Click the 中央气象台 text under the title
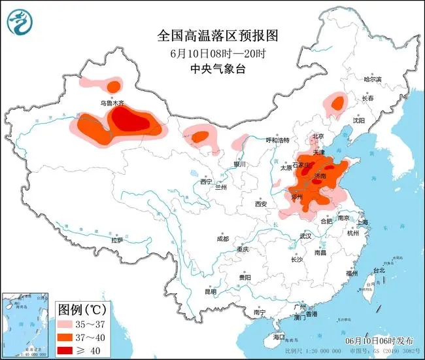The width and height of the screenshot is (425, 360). [212, 68]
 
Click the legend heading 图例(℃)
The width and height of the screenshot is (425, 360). [84, 308]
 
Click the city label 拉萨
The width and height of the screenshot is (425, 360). [116, 240]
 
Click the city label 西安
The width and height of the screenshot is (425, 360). [261, 204]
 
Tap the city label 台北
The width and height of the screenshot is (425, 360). [379, 270]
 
